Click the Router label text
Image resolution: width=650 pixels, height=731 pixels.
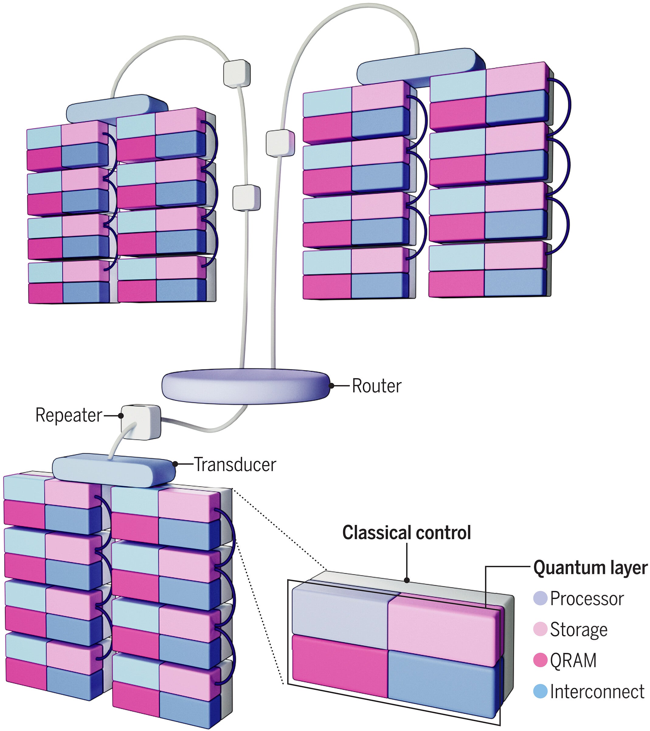click(x=376, y=386)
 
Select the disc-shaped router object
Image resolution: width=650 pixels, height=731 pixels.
click(x=246, y=387)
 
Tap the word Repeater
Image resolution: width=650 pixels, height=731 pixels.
click(x=69, y=415)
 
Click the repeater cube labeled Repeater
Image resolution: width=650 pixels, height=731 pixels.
click(x=140, y=423)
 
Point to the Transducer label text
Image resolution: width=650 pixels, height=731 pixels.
click(x=235, y=465)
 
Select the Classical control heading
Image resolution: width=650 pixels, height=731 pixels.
click(x=406, y=533)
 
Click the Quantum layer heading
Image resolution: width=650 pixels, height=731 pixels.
click(x=590, y=568)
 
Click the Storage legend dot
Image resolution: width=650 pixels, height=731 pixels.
click(x=540, y=629)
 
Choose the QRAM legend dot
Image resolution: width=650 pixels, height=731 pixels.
click(x=540, y=660)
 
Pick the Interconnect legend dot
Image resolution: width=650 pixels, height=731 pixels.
click(x=540, y=691)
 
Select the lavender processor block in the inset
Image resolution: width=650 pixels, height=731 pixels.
click(x=340, y=610)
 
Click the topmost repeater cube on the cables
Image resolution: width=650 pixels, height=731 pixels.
click(x=237, y=73)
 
